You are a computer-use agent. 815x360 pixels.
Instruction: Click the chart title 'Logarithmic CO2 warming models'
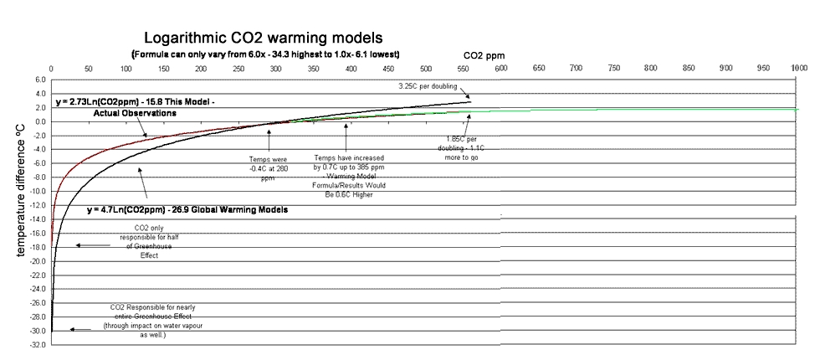pyautogui.click(x=264, y=38)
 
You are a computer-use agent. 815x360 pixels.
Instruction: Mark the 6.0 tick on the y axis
pyautogui.click(x=40, y=80)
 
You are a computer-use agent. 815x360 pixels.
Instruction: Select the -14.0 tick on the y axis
pyautogui.click(x=38, y=219)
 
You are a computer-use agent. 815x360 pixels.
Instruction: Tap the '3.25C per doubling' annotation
pyautogui.click(x=427, y=85)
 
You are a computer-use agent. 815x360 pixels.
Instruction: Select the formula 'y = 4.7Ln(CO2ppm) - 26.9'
pyautogui.click(x=142, y=209)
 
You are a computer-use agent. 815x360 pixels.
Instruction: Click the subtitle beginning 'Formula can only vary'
pyautogui.click(x=264, y=54)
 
